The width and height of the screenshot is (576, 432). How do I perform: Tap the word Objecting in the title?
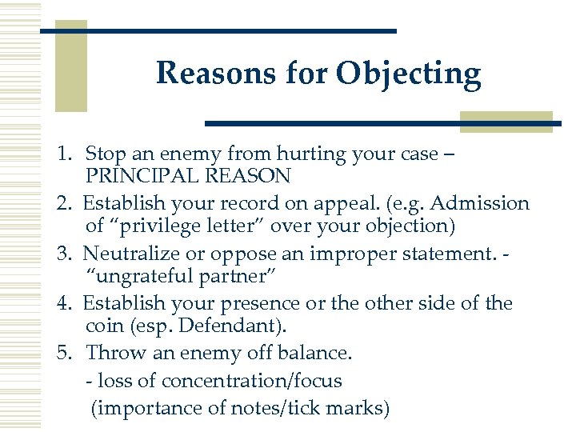[x=409, y=74]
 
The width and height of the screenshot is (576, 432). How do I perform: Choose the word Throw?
[x=111, y=353]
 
